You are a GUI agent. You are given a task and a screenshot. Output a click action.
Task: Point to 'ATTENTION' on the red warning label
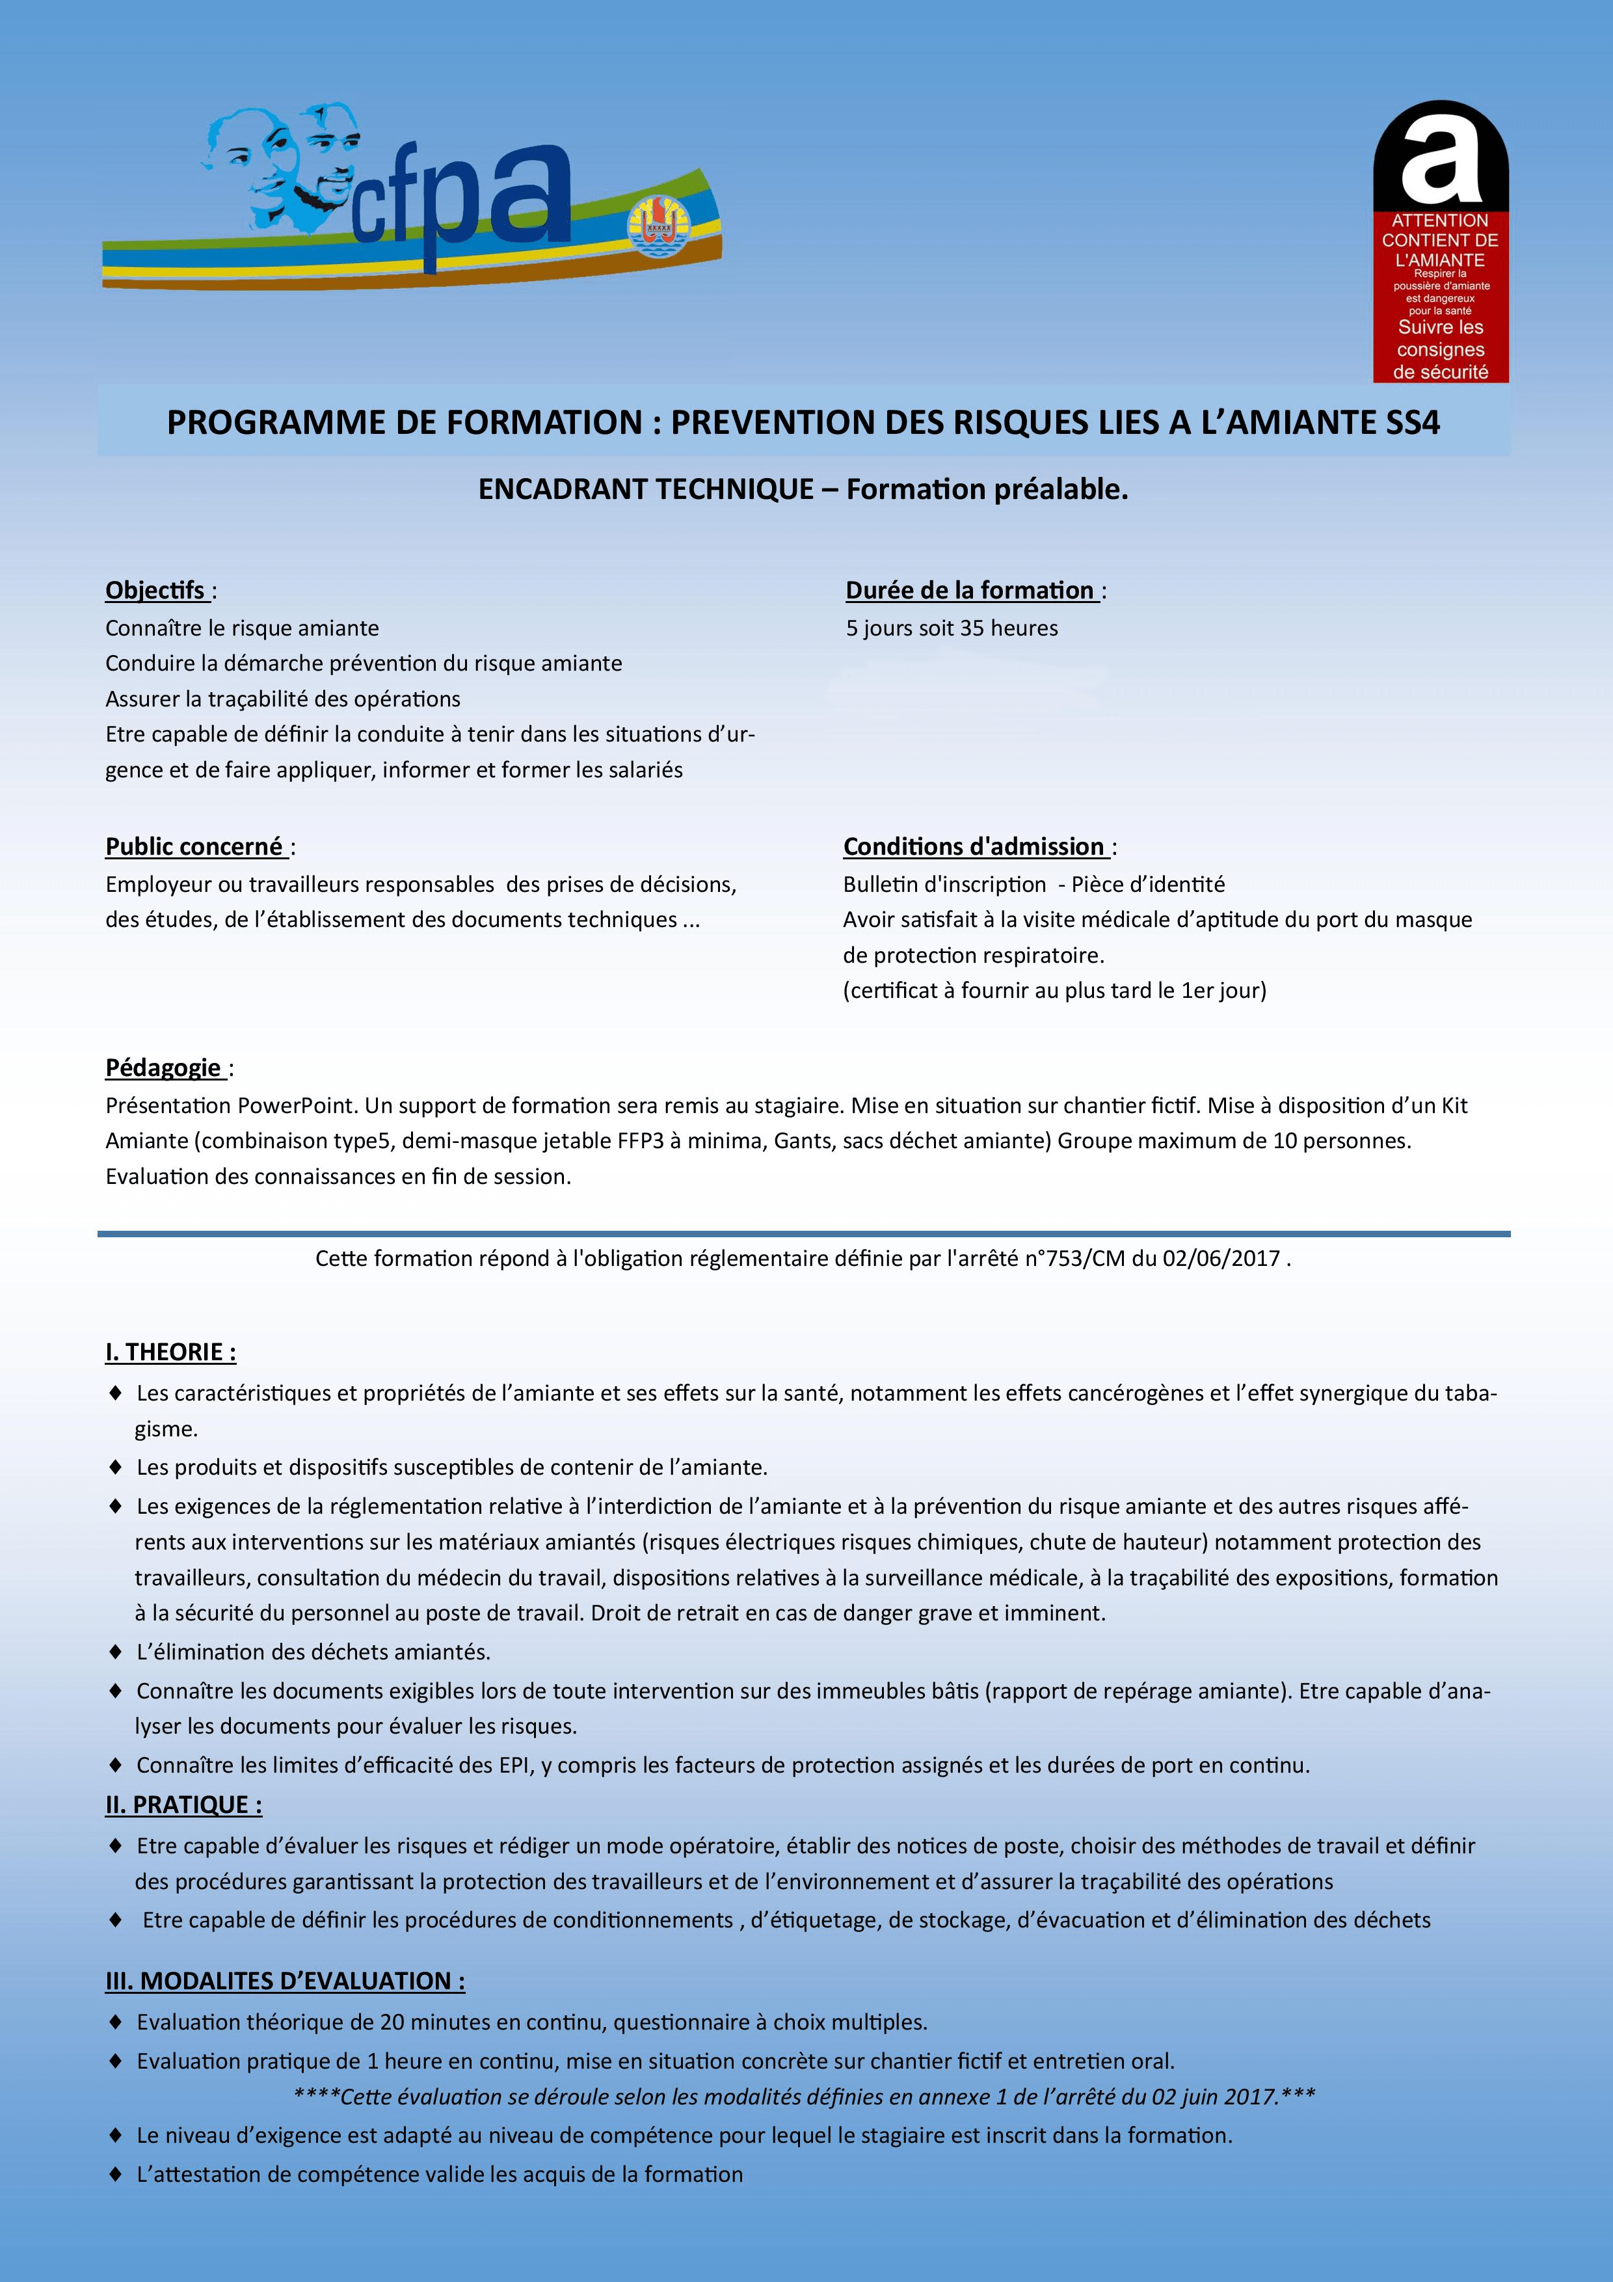pyautogui.click(x=1439, y=221)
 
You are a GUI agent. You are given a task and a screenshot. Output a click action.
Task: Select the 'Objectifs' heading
pyautogui.click(x=155, y=591)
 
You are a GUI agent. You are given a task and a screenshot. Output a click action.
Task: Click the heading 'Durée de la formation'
pyautogui.click(x=969, y=591)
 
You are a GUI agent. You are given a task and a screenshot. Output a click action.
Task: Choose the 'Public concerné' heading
pyautogui.click(x=194, y=847)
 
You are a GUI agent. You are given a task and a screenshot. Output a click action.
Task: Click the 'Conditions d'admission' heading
pyautogui.click(x=974, y=847)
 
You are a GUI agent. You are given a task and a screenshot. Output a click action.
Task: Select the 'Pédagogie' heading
pyautogui.click(x=163, y=1067)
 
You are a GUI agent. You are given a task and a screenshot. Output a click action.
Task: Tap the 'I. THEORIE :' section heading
pyautogui.click(x=171, y=1352)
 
